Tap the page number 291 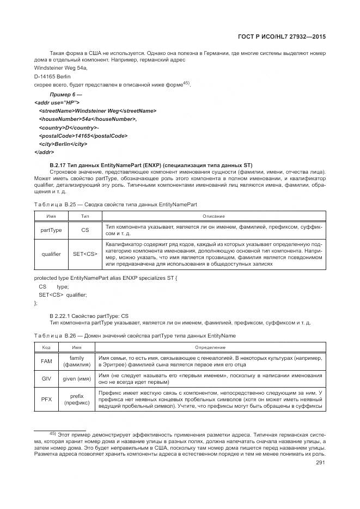321,463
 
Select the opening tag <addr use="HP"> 57,102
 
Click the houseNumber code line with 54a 88,119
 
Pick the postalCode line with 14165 83,136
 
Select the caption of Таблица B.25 115,204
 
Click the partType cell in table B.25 51,230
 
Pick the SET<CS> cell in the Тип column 85,254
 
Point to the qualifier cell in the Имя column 51,254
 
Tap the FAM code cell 46,361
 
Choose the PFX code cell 46,400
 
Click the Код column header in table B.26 46,347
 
